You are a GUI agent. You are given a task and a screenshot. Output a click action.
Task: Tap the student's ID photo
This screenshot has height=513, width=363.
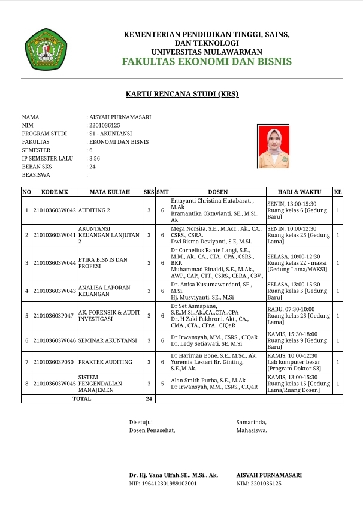click(x=273, y=146)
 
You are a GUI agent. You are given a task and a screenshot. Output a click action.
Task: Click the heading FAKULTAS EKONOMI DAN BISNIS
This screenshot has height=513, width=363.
click(x=206, y=62)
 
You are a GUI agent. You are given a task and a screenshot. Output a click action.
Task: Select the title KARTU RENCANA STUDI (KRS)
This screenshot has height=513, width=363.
click(x=181, y=95)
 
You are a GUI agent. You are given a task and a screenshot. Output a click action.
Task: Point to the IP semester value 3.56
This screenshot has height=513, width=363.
click(x=94, y=159)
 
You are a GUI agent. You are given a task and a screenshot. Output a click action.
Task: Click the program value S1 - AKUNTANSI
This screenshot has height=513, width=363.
click(x=110, y=134)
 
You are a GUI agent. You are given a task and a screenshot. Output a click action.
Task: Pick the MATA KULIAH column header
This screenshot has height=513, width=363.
click(x=110, y=192)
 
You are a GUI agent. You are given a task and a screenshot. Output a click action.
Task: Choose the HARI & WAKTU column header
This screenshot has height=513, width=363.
click(x=298, y=192)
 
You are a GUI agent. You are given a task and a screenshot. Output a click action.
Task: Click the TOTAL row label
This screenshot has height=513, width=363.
click(x=81, y=399)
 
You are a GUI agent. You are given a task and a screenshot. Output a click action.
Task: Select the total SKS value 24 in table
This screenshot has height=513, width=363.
click(x=149, y=399)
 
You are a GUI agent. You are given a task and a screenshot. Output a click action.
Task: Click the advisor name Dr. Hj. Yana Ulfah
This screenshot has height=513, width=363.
click(x=174, y=475)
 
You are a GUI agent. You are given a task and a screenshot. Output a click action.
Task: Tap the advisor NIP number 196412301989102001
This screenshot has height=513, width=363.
click(x=163, y=483)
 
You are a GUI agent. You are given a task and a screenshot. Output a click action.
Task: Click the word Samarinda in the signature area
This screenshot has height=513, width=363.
click(x=251, y=422)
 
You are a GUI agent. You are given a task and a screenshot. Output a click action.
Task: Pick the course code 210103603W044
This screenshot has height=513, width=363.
click(x=55, y=263)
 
